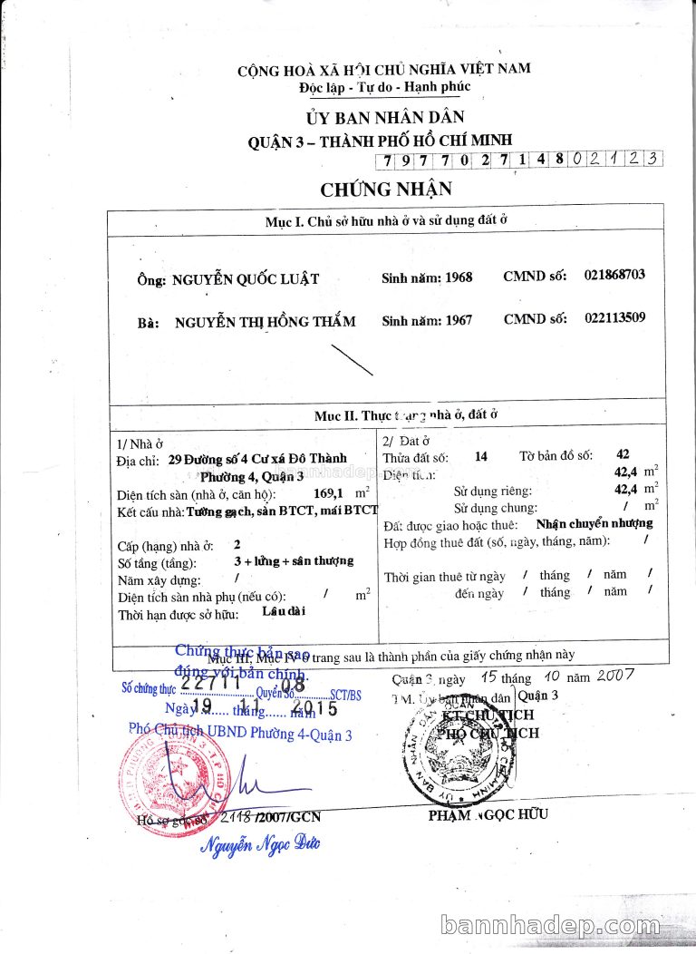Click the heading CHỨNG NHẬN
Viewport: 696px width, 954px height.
pyautogui.click(x=385, y=190)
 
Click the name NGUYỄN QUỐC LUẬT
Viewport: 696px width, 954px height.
pyautogui.click(x=246, y=278)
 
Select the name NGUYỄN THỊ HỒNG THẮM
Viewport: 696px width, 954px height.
pyautogui.click(x=265, y=321)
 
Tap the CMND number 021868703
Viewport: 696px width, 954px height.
pyautogui.click(x=614, y=275)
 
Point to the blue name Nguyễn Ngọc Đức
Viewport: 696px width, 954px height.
pyautogui.click(x=260, y=845)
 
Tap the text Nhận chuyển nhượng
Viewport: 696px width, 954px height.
pyautogui.click(x=594, y=523)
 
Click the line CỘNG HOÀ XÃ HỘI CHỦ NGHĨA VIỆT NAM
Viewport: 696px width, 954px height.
pyautogui.click(x=384, y=69)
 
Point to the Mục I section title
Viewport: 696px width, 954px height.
pyautogui.click(x=385, y=221)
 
